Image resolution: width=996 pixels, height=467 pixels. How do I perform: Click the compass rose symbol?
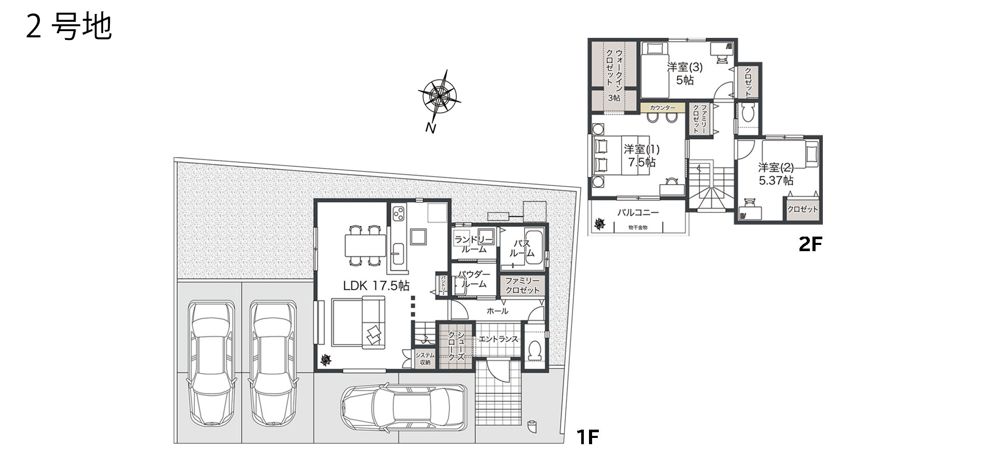point(439,96)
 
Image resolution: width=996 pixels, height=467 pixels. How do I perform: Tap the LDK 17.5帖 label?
point(376,285)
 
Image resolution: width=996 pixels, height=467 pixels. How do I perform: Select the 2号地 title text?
point(68,27)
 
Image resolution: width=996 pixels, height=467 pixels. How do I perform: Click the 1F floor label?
point(588,437)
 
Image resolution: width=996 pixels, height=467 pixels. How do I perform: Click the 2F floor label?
point(810,244)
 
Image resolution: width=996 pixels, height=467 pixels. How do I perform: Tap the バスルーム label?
point(522,249)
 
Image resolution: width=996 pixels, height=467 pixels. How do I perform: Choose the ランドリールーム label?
point(474,244)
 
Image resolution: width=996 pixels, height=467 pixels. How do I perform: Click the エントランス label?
point(498,339)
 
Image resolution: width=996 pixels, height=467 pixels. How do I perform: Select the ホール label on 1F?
point(497,311)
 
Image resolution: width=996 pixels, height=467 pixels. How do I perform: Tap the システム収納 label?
point(425,359)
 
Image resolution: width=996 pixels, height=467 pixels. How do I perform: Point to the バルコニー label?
point(638,212)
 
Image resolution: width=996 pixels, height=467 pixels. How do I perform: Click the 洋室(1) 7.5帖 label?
point(641,156)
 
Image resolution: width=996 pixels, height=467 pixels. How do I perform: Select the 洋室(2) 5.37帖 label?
point(776,174)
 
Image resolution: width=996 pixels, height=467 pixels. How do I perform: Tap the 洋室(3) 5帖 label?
point(684,73)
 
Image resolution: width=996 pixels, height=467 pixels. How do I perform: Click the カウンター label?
point(662,108)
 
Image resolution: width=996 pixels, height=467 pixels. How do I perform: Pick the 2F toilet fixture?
point(748,113)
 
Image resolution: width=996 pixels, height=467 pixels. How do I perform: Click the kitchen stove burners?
point(398,213)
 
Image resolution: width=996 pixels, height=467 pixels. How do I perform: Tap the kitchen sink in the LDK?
point(398,254)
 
